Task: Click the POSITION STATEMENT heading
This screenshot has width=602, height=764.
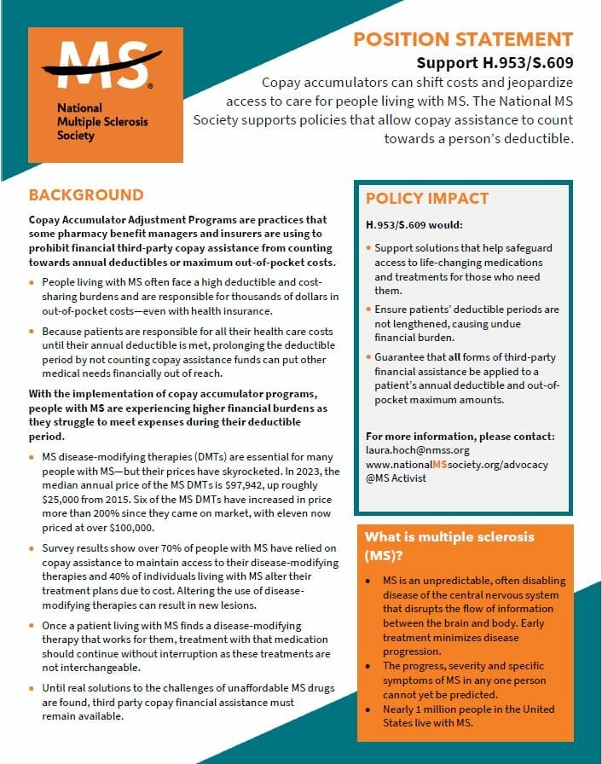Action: click(463, 39)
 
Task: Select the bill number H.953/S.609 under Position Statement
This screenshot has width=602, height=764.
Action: click(495, 63)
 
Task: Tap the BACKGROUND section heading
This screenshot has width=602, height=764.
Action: click(86, 195)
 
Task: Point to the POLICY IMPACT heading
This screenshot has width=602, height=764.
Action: click(427, 199)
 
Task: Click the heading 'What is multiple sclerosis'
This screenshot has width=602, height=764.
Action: click(449, 537)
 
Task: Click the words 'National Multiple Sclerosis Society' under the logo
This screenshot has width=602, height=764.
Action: click(102, 122)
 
